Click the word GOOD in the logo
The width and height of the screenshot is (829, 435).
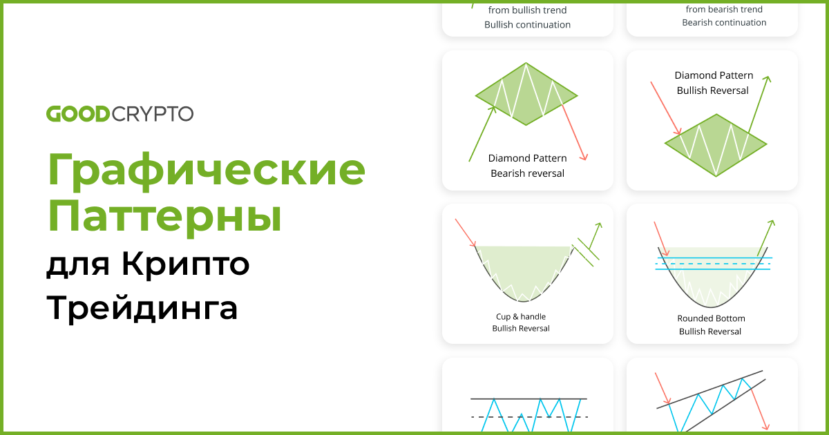pos(78,113)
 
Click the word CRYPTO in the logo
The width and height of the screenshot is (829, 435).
pos(152,113)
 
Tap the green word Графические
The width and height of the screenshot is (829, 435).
pos(206,171)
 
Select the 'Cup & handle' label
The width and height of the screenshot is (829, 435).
pos(521,317)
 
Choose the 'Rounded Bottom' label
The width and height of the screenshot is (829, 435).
pos(711,319)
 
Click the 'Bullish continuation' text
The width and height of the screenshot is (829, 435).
pos(527,25)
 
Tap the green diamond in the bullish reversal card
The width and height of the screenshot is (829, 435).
pos(716,144)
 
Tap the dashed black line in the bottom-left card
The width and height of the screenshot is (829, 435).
pos(528,417)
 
